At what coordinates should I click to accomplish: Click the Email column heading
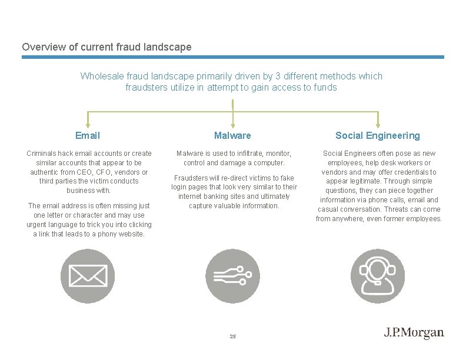point(88,136)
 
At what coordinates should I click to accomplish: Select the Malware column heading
point(232,136)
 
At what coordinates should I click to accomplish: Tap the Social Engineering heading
point(378,136)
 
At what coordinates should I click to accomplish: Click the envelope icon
point(88,276)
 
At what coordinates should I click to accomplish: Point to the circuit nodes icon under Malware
point(233,276)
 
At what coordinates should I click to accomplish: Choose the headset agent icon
point(378,276)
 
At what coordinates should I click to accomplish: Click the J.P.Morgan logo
point(414,333)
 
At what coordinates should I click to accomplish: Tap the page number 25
point(232,336)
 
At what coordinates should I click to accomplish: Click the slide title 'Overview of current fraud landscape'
point(106,46)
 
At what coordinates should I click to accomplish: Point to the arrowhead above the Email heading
point(88,125)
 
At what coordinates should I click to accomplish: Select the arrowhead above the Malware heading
point(233,125)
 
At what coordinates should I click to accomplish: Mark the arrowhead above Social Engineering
point(378,125)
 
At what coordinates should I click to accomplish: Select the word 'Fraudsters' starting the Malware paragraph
point(191,178)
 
